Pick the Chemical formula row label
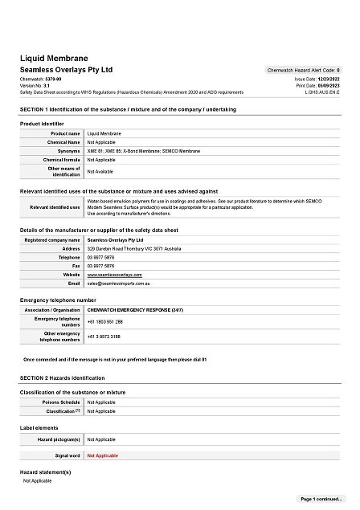coord(62,159)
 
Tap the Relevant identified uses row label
coord(55,206)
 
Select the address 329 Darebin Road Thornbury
coord(134,248)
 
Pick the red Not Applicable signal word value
coord(102,455)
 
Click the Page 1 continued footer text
coord(321,499)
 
